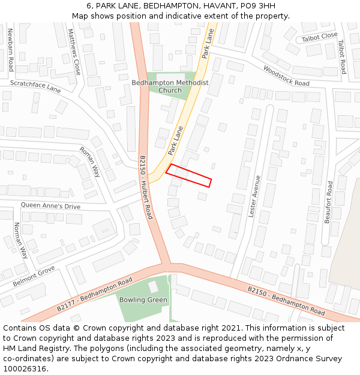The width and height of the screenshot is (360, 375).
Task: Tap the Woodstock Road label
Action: tap(286, 76)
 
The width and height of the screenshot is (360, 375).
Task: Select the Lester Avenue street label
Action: tap(255, 196)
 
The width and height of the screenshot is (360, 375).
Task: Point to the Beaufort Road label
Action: tap(328, 202)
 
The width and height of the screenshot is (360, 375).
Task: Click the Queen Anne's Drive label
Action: tap(50, 206)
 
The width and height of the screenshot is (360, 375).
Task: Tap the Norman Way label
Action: tap(20, 240)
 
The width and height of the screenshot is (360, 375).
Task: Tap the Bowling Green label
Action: tap(143, 300)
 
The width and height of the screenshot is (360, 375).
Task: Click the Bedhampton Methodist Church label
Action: tap(170, 86)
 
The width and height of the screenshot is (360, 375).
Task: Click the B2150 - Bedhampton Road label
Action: tap(286, 301)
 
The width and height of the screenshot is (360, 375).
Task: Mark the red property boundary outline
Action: tap(188, 175)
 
